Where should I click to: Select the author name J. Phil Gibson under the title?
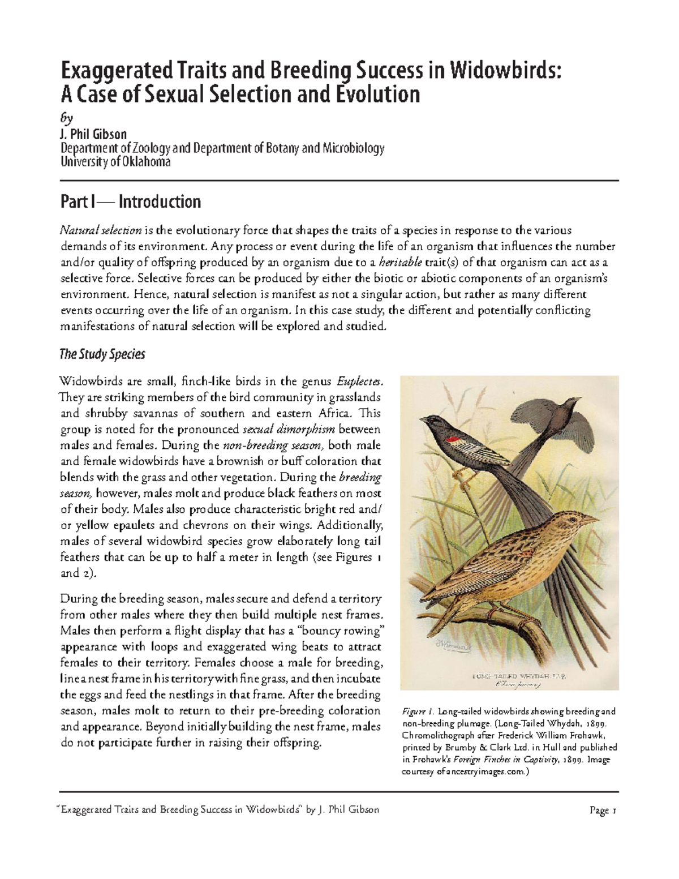pyautogui.click(x=93, y=134)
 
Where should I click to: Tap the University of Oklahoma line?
pyautogui.click(x=115, y=162)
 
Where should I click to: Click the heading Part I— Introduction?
pyautogui.click(x=131, y=202)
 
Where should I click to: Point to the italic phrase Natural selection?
pyautogui.click(x=101, y=230)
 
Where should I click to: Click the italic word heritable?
pyautogui.click(x=400, y=263)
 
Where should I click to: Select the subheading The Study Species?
pyautogui.click(x=102, y=354)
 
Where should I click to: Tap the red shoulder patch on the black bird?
pyautogui.click(x=452, y=439)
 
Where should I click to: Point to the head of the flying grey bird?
pyautogui.click(x=569, y=403)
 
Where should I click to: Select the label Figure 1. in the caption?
pyautogui.click(x=418, y=711)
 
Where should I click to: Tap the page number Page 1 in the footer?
pyautogui.click(x=603, y=810)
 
